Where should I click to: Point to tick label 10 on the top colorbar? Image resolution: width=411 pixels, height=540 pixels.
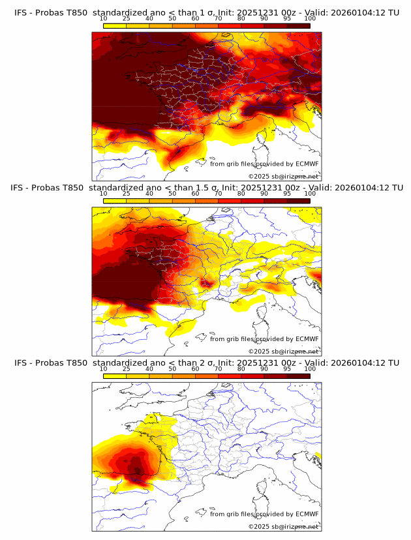104,18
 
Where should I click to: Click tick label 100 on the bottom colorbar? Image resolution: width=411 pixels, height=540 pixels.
310,369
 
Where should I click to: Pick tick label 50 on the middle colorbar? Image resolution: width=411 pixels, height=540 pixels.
172,194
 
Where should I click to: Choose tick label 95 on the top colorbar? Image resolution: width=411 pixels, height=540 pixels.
287,18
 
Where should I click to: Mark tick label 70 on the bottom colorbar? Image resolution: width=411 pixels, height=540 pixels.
218,369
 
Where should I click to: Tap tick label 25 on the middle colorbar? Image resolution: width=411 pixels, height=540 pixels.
127,194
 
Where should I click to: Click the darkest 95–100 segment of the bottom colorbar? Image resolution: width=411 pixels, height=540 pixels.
298,376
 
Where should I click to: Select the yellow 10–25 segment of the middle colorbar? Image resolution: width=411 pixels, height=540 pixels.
115,201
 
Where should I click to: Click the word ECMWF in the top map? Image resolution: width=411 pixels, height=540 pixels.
307,164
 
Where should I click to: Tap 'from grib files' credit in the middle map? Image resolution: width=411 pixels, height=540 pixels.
236,339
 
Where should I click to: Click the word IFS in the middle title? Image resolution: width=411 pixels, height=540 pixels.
18,187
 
